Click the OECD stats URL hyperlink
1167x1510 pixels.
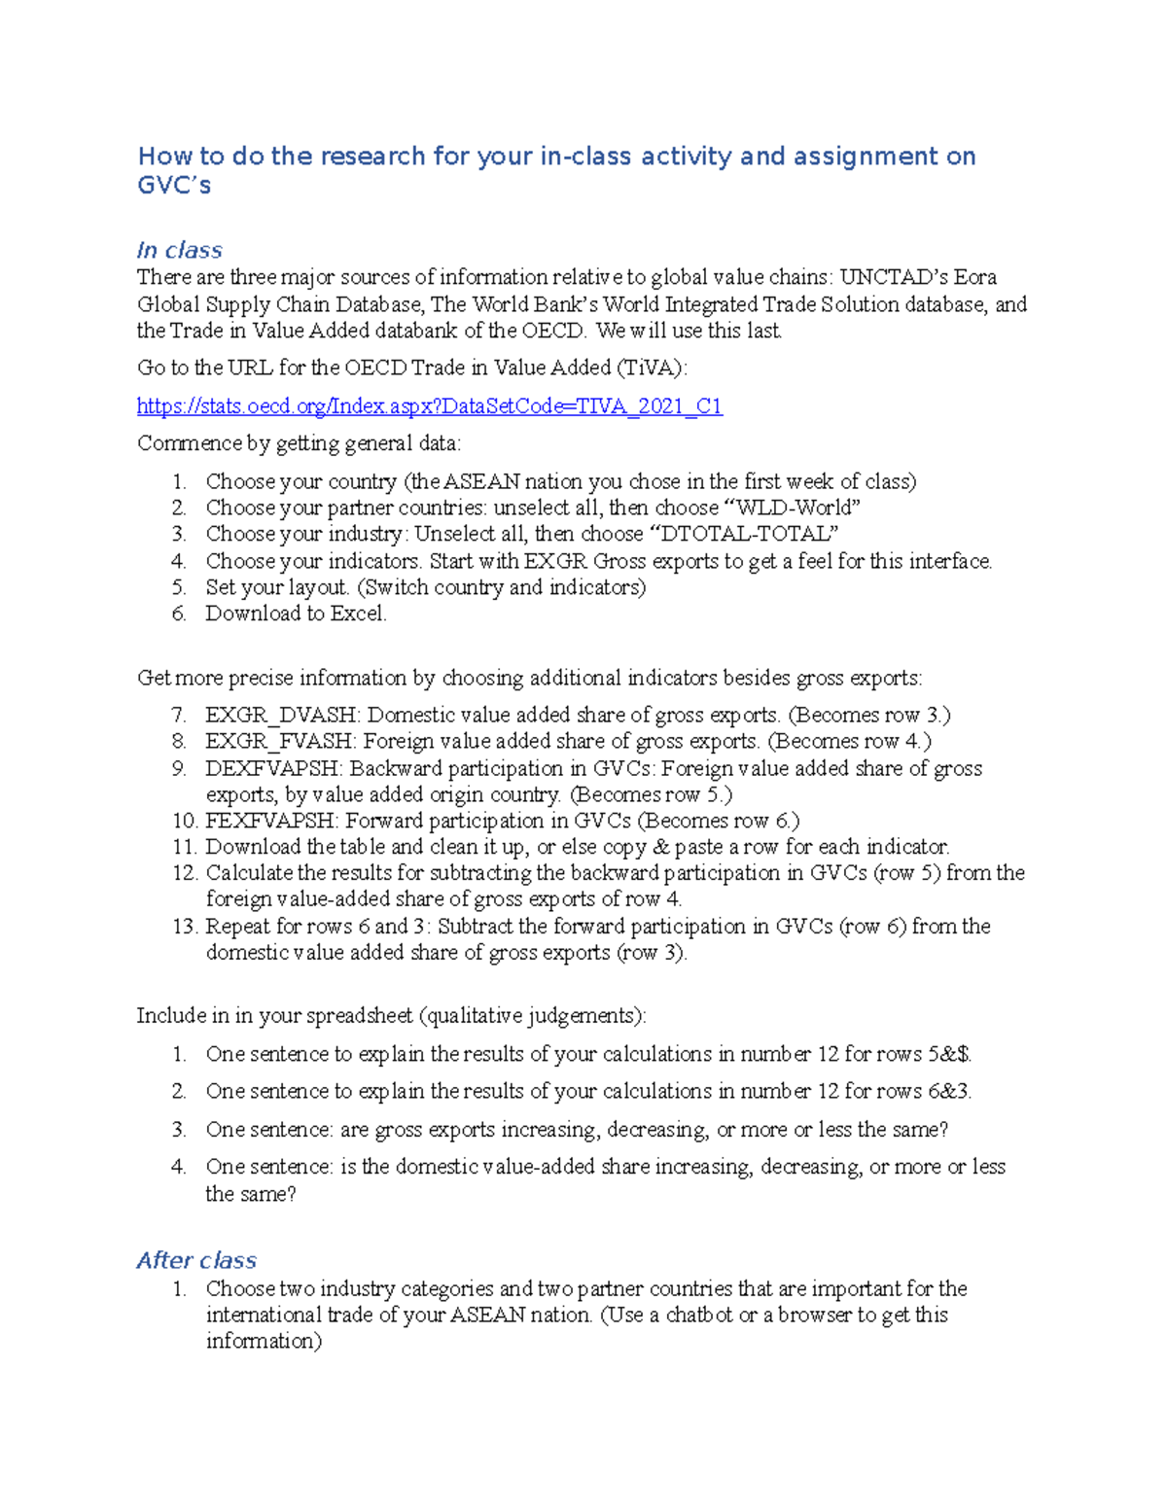point(429,406)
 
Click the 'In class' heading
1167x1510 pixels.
point(180,251)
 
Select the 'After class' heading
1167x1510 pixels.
point(196,1260)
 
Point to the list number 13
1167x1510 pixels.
point(184,927)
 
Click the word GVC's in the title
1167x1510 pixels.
point(174,186)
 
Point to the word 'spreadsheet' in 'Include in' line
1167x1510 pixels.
point(360,1017)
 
